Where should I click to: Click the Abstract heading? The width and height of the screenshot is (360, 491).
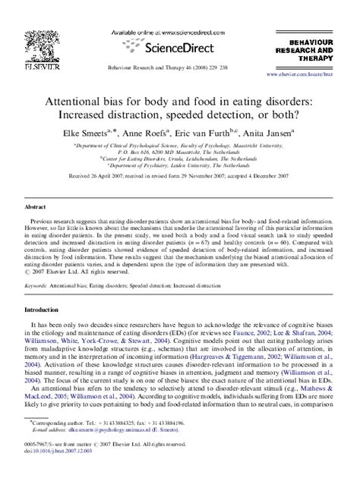pyautogui.click(x=36, y=206)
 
